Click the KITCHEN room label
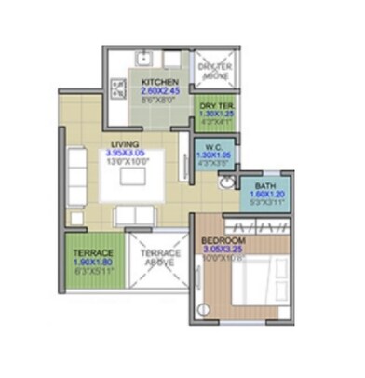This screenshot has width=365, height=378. [158, 82]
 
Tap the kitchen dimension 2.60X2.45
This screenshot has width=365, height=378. [160, 91]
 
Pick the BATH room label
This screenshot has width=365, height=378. [265, 186]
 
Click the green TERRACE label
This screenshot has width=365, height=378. [93, 253]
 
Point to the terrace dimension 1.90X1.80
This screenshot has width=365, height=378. [93, 263]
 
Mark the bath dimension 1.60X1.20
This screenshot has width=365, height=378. [265, 196]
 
